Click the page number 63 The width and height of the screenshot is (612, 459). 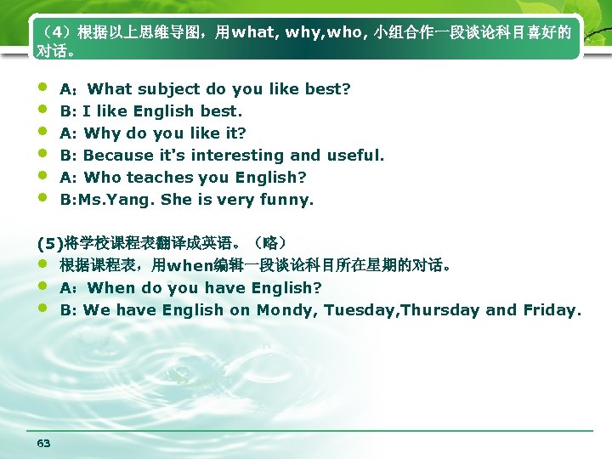click(x=44, y=443)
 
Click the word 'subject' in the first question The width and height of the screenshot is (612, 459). click(x=165, y=88)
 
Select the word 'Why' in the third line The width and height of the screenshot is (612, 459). click(x=103, y=133)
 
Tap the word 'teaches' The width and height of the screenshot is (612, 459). click(x=158, y=178)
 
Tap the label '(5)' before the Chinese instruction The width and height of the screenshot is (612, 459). click(x=50, y=243)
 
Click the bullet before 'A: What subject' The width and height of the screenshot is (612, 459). click(x=42, y=88)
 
